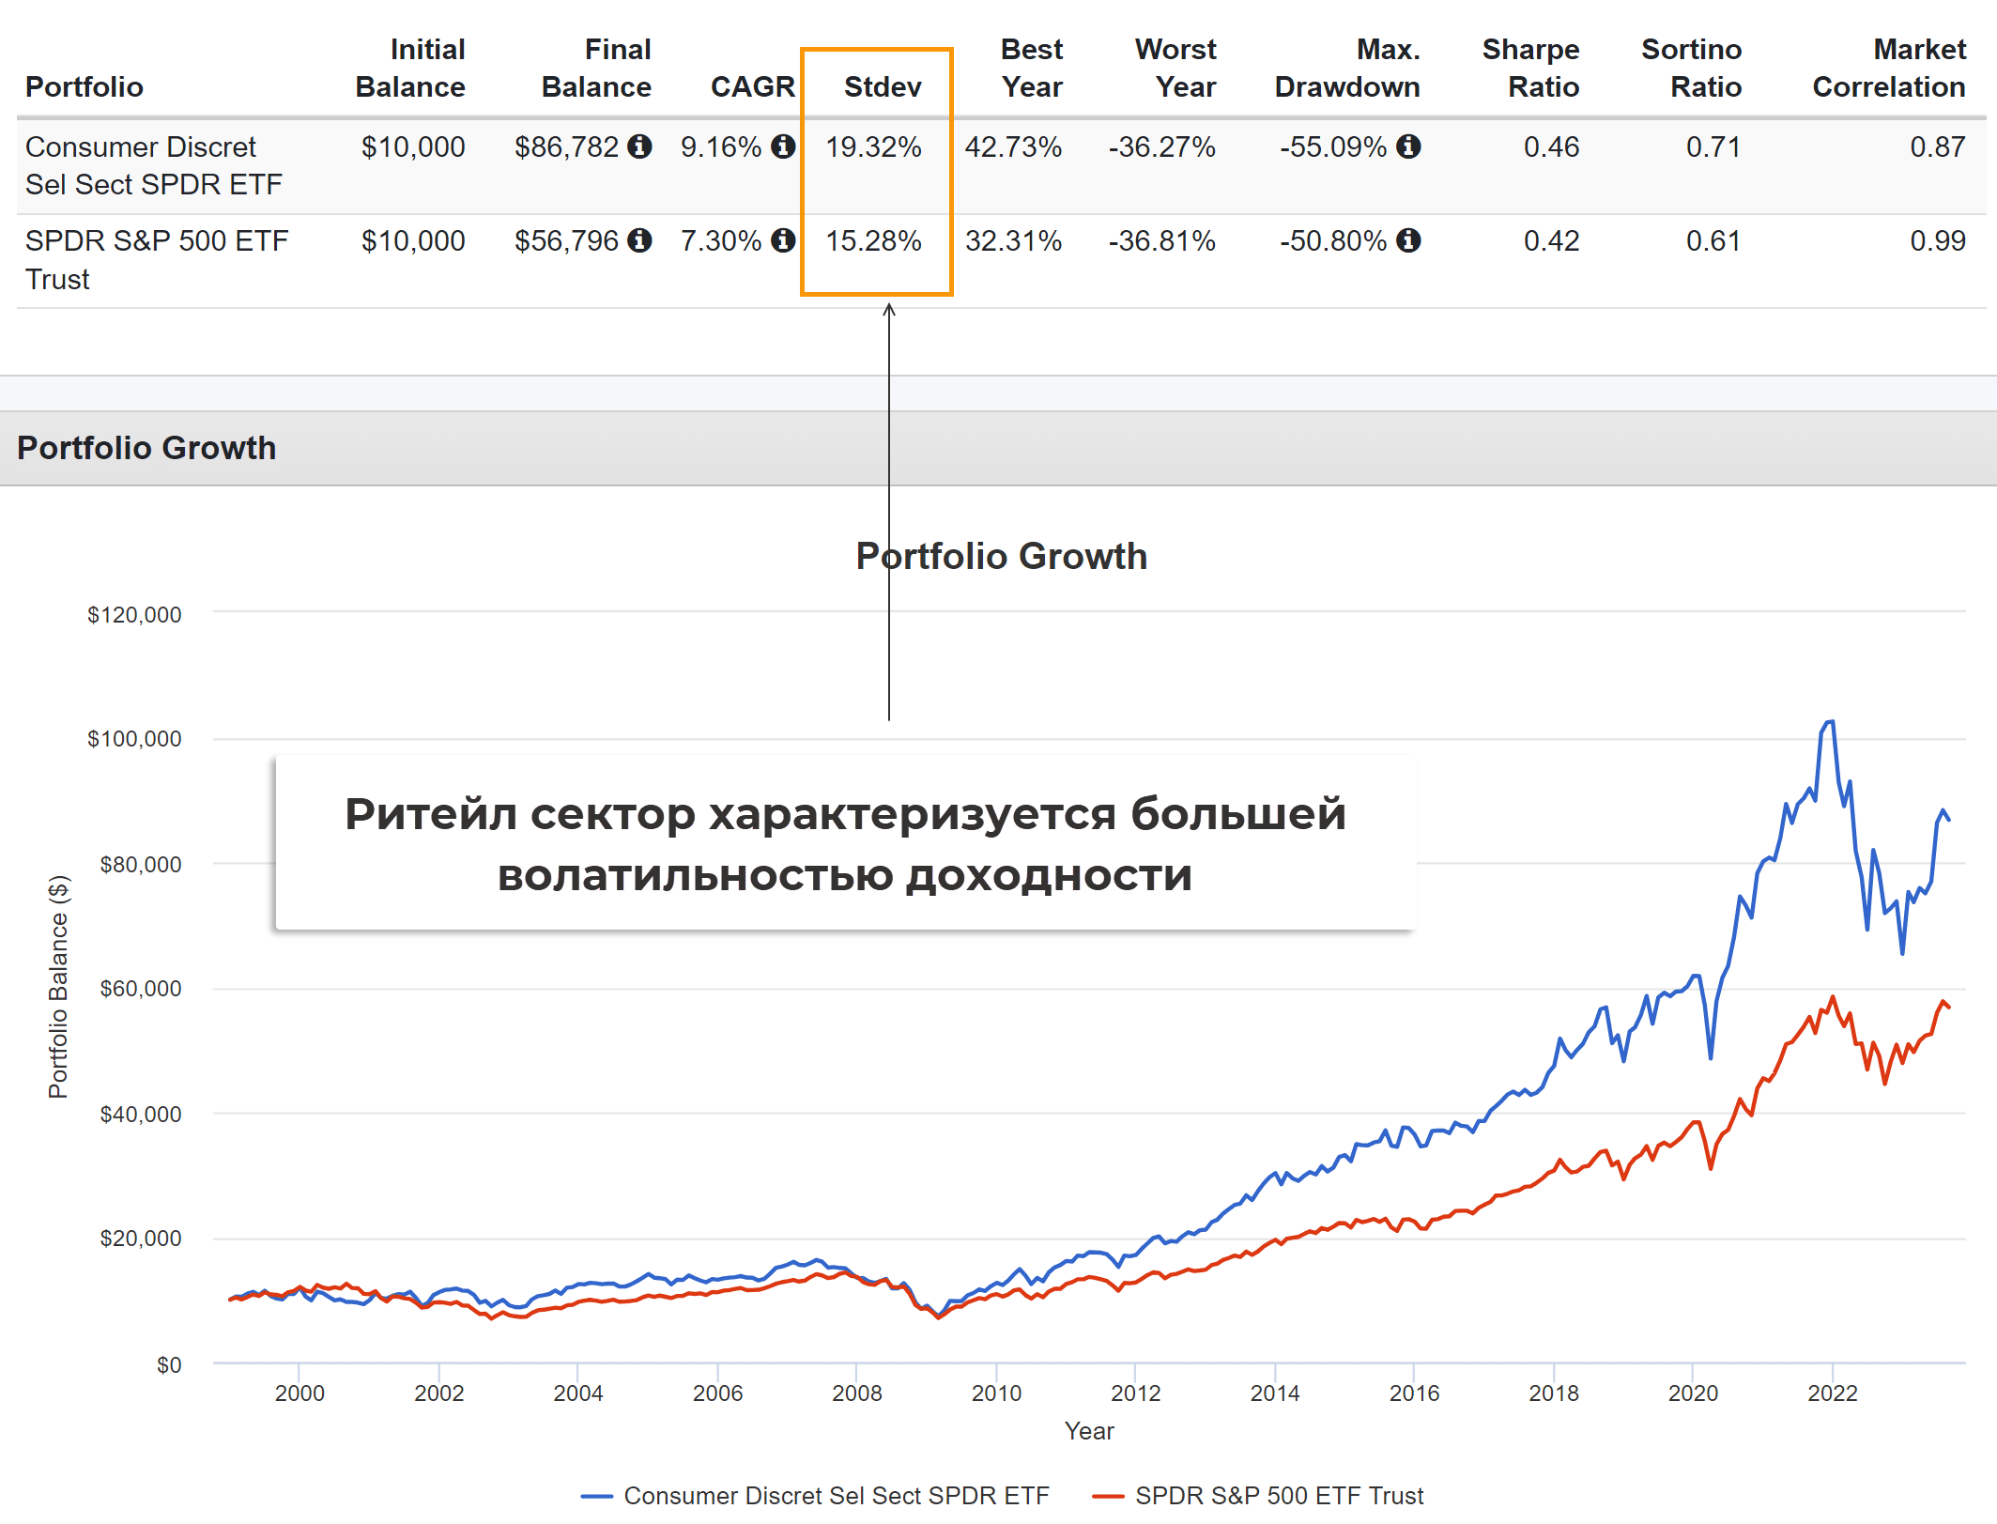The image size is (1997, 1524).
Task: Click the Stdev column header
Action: point(882,86)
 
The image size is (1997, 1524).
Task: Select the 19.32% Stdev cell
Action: point(873,147)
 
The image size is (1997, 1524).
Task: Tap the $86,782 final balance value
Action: point(566,147)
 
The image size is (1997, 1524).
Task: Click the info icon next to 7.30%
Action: point(783,241)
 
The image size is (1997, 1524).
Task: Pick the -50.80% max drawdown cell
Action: point(1332,241)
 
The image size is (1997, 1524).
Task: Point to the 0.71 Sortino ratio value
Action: point(1713,147)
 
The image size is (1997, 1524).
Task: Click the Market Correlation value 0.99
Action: point(1937,241)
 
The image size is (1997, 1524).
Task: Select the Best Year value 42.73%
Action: point(1013,147)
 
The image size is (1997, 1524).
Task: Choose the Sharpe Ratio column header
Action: point(1530,68)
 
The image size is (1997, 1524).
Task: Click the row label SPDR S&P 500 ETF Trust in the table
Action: point(156,259)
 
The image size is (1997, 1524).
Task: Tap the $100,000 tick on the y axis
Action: point(134,739)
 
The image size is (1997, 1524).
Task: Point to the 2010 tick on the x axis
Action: point(996,1393)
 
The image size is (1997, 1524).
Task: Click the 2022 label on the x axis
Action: point(1832,1393)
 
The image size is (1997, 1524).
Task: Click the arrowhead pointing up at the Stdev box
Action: point(889,309)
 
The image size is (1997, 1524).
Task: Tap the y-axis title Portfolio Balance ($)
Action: point(58,986)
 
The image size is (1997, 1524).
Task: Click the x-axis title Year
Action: point(1089,1431)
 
